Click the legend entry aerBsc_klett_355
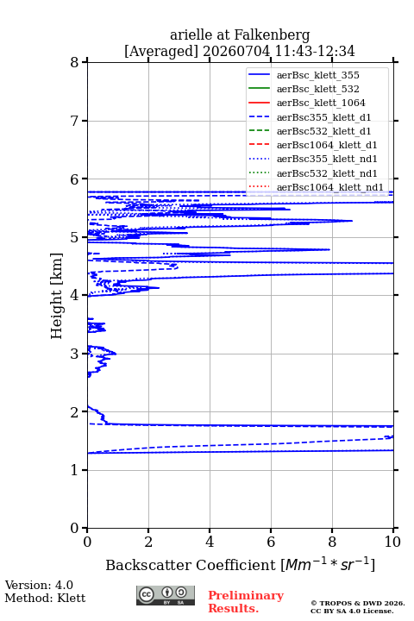click(317, 75)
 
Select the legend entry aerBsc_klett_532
click(317, 89)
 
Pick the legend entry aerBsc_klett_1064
click(321, 103)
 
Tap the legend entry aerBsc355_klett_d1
click(323, 117)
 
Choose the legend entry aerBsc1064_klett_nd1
click(330, 187)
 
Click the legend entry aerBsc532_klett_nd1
click(327, 173)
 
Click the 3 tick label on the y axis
click(74, 354)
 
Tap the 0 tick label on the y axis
click(74, 528)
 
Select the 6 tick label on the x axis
click(271, 542)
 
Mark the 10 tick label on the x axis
click(393, 542)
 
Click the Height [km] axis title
click(57, 296)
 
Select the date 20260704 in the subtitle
click(236, 51)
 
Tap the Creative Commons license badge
click(166, 596)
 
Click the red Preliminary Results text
click(246, 602)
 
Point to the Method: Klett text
click(45, 598)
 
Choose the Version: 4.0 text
click(39, 585)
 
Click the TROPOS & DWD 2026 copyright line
click(358, 603)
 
